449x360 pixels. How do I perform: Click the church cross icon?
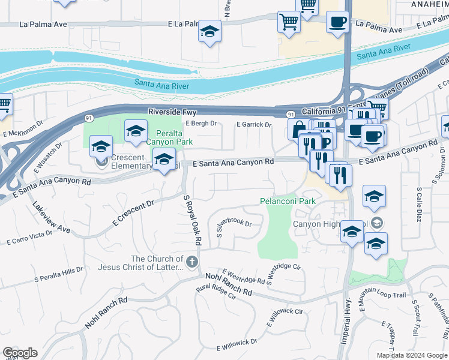[x=191, y=262]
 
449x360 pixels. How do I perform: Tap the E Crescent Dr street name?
[x=133, y=214]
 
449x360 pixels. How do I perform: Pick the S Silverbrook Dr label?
[x=234, y=226]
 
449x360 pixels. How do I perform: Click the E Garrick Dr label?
[x=254, y=125]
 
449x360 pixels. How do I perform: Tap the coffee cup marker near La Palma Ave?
[x=337, y=22]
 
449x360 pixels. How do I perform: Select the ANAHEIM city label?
[x=427, y=4]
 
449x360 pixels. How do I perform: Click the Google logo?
[x=19, y=353]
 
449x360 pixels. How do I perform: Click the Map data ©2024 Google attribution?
[x=411, y=355]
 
